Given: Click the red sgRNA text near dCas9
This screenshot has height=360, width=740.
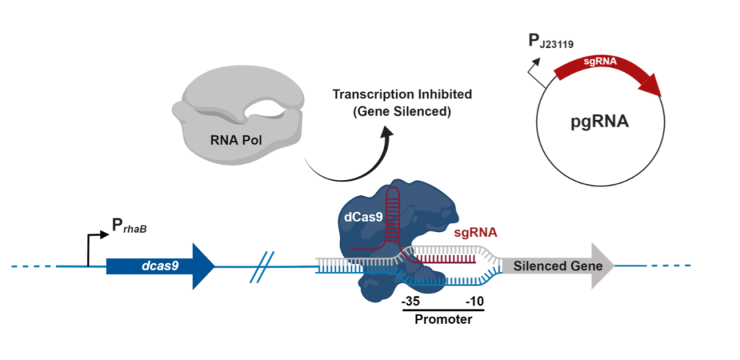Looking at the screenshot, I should [x=475, y=233].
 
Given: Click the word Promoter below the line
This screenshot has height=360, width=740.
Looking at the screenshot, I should [x=443, y=318].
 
